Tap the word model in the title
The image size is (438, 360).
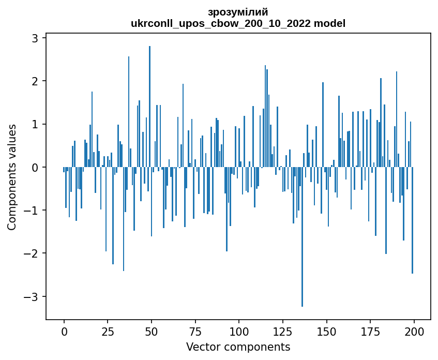[331, 23]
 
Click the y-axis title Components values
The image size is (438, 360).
[12, 177]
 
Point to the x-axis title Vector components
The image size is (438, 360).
[238, 347]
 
